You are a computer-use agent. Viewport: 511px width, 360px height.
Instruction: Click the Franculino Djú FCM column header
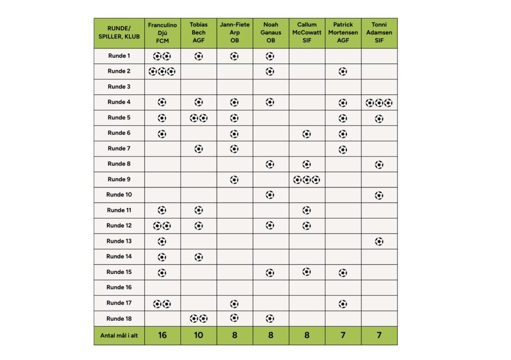(162, 32)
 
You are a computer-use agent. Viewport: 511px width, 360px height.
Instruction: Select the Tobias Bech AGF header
(199, 32)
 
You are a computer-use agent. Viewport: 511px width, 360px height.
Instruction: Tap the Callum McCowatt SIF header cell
(306, 32)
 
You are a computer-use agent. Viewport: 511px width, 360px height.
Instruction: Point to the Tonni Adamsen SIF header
(379, 32)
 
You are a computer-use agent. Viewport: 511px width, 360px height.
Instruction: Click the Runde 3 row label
(119, 87)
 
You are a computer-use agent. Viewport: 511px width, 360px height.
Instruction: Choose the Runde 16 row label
(119, 287)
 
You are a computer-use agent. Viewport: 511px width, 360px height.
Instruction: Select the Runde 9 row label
(119, 180)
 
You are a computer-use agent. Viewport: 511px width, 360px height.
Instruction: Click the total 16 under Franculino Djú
(162, 335)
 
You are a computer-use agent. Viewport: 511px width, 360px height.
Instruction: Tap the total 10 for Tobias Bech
(199, 335)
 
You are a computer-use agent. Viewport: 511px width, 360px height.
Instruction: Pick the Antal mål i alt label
(119, 336)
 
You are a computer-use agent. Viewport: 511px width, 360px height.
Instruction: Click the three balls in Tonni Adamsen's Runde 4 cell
(379, 103)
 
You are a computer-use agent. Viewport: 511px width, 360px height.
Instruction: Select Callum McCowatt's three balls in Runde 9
(306, 180)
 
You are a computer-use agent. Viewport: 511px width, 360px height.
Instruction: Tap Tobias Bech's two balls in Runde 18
(199, 318)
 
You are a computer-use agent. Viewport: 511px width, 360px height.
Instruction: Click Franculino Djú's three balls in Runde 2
(162, 71)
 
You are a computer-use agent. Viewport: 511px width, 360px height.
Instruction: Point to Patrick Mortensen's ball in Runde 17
(343, 303)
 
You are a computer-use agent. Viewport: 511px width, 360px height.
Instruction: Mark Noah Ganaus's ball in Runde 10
(270, 194)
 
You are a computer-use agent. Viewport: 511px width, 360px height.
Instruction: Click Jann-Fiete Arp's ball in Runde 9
(234, 180)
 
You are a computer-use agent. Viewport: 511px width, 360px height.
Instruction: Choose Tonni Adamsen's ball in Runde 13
(379, 241)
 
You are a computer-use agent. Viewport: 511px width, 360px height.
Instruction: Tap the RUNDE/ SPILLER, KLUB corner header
(119, 32)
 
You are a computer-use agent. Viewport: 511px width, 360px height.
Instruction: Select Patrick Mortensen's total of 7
(343, 335)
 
